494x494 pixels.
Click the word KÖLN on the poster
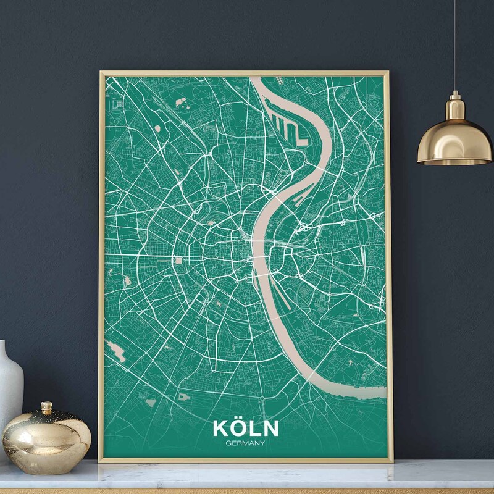tap(245, 428)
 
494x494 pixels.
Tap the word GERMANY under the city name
tap(245, 442)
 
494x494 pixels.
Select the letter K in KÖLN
tap(220, 429)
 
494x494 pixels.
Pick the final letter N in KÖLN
tap(270, 429)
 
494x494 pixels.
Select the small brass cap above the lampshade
tap(454, 99)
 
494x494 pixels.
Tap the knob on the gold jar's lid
tap(46, 408)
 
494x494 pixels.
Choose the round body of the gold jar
tap(46, 435)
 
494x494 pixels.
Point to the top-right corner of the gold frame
tap(388, 72)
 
